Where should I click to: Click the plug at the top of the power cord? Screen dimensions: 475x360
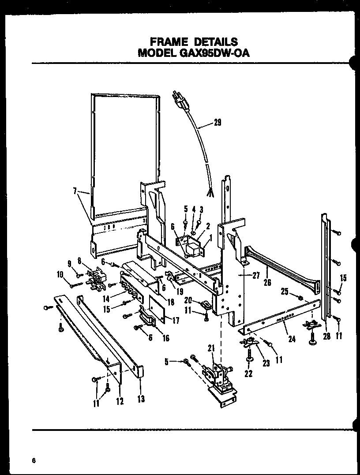coord(182,101)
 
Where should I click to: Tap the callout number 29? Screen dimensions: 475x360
coord(217,123)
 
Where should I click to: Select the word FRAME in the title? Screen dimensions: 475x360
coord(169,42)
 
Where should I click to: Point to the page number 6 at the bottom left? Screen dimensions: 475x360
coord(34,460)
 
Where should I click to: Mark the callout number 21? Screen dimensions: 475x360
coord(211,348)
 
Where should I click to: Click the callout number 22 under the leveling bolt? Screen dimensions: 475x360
coord(249,374)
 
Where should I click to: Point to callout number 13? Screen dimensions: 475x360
coord(141,399)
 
